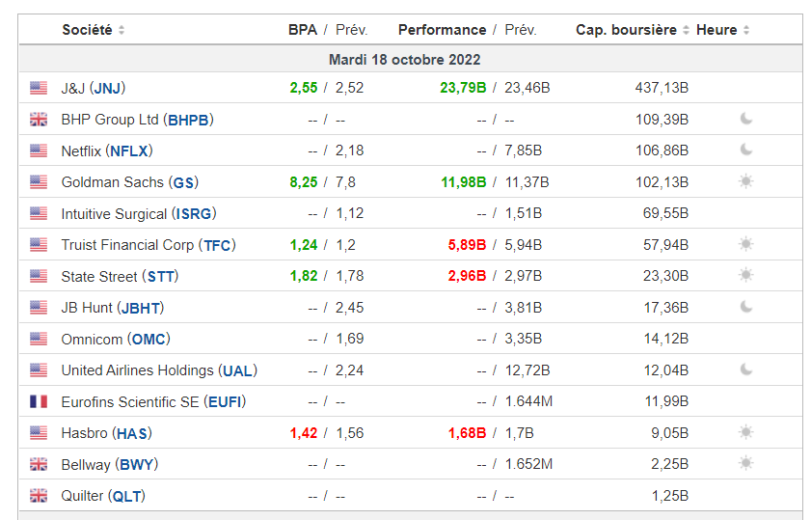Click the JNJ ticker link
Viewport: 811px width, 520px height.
108,88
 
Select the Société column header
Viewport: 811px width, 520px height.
87,30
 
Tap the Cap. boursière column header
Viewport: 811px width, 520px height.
626,30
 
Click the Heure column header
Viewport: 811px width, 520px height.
716,30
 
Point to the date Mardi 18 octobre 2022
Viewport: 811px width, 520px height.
404,60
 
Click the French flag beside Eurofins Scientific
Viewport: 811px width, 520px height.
39,401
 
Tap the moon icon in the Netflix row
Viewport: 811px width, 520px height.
745,151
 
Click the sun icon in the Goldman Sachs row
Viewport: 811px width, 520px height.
745,181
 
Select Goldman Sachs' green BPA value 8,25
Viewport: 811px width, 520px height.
304,182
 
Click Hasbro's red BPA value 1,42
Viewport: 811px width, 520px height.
304,433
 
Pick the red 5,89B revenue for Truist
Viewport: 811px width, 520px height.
467,245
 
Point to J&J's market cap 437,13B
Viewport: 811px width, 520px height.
662,88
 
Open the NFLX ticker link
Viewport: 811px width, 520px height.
129,151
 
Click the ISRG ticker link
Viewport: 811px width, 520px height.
194,213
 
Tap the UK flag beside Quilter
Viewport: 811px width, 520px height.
39,496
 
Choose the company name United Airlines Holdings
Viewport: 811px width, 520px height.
137,370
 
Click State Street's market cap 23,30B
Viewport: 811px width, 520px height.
665,276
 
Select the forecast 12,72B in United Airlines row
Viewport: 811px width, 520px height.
527,370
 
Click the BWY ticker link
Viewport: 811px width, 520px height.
137,465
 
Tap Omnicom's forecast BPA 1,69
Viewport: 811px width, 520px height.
350,339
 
